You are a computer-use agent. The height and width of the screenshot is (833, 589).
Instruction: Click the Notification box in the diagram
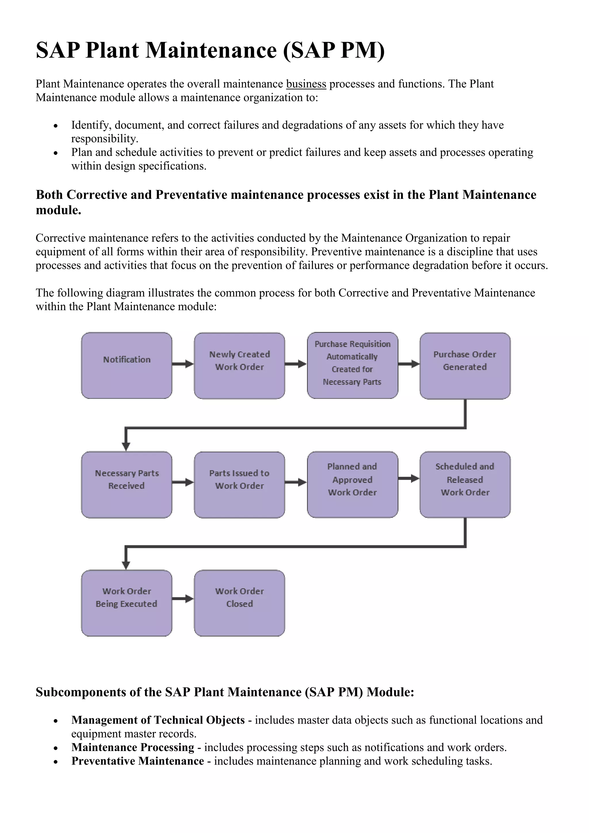(127, 365)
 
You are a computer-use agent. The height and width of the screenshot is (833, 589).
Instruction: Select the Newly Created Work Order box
(239, 365)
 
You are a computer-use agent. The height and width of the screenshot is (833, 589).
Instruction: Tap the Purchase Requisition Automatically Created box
(352, 365)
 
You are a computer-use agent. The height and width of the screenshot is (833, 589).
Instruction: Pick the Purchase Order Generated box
(465, 365)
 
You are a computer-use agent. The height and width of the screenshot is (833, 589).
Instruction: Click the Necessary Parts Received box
(127, 484)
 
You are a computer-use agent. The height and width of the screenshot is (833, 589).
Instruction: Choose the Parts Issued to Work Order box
(239, 484)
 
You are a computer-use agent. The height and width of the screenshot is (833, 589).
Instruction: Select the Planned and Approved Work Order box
(352, 484)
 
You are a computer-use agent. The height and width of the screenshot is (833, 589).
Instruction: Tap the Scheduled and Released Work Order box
(465, 484)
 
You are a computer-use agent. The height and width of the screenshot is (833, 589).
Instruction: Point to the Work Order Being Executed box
(127, 603)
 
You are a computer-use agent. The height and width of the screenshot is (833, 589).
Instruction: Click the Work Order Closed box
(239, 603)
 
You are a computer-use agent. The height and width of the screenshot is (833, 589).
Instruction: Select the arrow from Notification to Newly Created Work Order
(183, 364)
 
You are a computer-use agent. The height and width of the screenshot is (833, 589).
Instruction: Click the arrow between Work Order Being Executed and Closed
(183, 599)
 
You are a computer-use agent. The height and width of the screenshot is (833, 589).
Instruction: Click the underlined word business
(306, 84)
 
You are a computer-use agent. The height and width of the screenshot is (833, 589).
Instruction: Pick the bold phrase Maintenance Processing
(133, 747)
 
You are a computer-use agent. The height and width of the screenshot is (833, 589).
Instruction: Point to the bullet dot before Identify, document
(56, 127)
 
